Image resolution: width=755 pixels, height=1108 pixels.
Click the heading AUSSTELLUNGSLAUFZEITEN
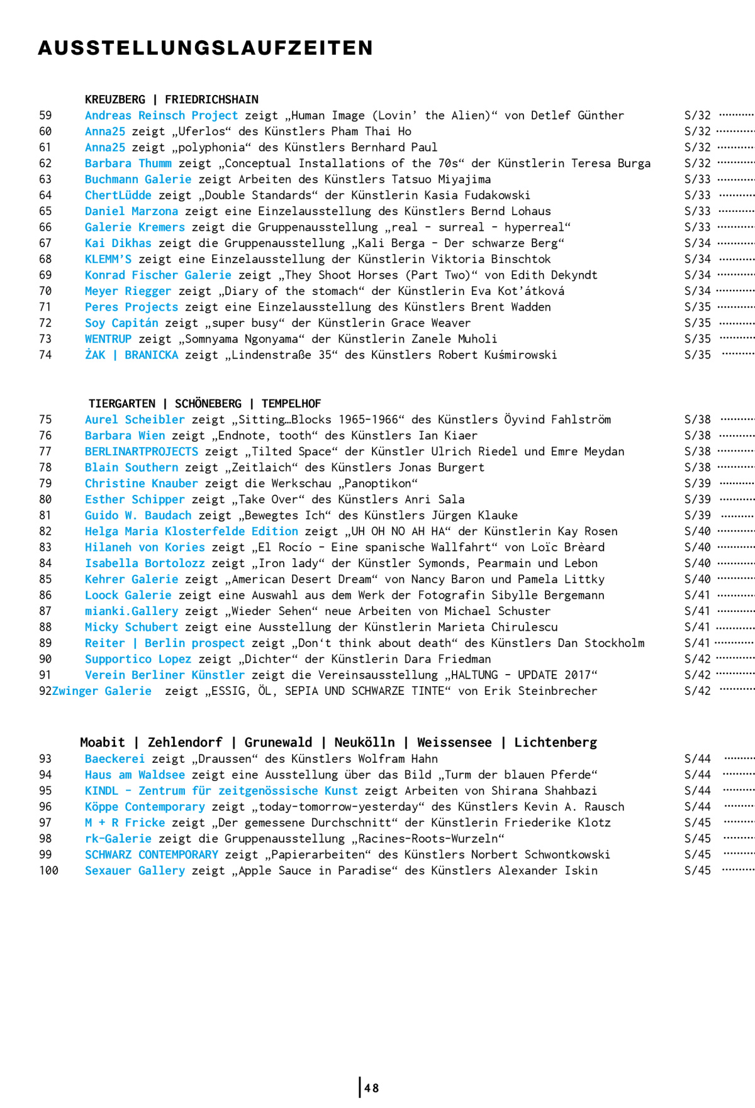(206, 48)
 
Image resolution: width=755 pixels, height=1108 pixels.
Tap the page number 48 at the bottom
(371, 1088)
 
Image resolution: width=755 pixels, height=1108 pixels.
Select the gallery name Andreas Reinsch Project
(161, 116)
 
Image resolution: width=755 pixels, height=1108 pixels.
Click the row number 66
(45, 227)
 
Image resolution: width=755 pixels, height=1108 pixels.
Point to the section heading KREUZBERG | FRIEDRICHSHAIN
(171, 99)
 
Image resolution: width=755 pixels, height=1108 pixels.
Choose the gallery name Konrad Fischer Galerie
(158, 275)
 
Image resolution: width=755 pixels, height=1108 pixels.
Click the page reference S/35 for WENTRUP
(697, 339)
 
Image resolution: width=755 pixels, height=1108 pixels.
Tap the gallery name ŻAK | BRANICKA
(131, 355)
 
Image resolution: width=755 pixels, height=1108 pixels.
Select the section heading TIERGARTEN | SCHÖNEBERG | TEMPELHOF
(204, 404)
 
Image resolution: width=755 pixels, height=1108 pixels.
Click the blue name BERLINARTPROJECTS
(141, 452)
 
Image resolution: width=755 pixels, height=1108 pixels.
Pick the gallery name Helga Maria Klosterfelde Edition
(191, 531)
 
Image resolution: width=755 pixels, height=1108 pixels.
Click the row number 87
(45, 611)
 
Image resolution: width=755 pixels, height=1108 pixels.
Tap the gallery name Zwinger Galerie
(101, 691)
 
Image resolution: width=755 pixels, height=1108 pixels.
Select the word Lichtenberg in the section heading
(555, 743)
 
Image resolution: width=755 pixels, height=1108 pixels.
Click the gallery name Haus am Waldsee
(135, 775)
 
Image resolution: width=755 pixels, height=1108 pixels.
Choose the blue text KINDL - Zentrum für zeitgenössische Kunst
(221, 791)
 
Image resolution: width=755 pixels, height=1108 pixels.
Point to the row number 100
(48, 871)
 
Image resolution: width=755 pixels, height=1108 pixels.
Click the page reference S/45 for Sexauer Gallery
(697, 871)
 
